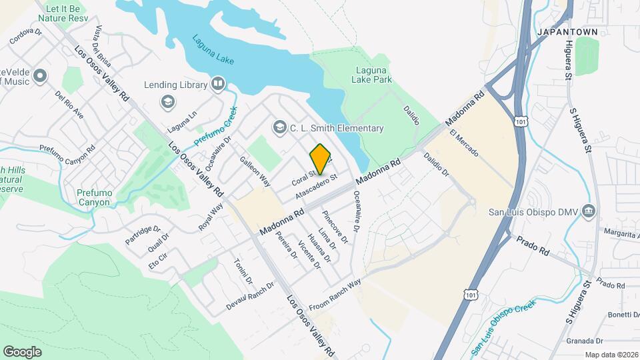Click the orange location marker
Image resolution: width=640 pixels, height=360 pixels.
click(x=321, y=159)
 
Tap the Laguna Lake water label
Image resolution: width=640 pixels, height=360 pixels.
click(x=213, y=49)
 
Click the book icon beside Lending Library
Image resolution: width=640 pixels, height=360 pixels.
click(x=217, y=85)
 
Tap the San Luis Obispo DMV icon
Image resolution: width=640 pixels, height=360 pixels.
click(x=588, y=212)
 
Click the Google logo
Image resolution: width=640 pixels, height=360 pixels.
click(x=22, y=351)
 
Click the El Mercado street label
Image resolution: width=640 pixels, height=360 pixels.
click(x=464, y=143)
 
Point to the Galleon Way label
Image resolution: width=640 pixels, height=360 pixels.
click(x=255, y=171)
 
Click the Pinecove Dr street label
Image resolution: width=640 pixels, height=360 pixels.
click(x=335, y=227)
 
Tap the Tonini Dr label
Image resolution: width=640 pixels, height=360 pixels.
click(x=243, y=271)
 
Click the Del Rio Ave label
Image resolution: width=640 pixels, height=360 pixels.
click(x=69, y=105)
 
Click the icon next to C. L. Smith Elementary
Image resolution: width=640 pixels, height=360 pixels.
click(x=279, y=127)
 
